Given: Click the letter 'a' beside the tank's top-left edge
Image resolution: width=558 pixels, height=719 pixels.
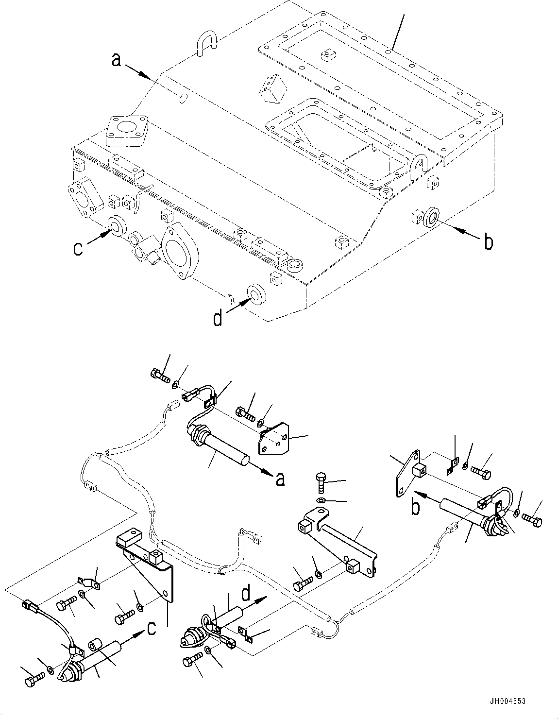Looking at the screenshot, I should [x=116, y=60].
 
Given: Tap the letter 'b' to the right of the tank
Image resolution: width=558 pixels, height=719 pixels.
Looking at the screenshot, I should [x=488, y=241].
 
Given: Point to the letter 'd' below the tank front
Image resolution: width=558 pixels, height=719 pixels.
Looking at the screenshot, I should [x=218, y=319].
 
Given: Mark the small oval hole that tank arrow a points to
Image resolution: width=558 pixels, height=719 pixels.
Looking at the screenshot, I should [x=182, y=99].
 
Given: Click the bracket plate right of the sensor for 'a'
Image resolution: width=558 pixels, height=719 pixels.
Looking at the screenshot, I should [x=274, y=439].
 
